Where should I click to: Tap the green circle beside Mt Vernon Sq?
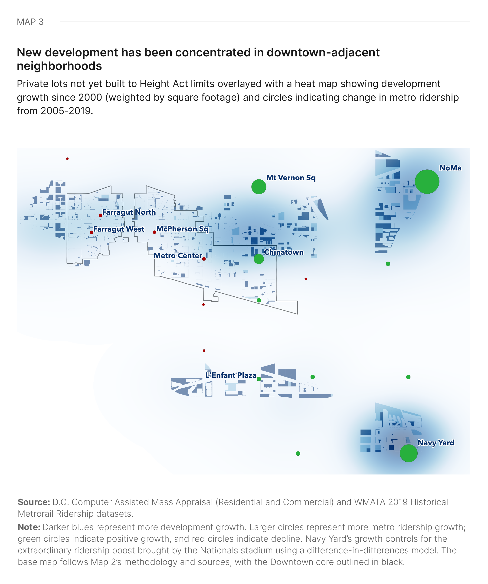[x=259, y=187]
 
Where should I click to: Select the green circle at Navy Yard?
[x=408, y=453]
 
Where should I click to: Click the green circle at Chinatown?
[x=259, y=259]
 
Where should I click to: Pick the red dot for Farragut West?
[x=92, y=232]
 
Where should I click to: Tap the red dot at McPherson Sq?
[x=154, y=232]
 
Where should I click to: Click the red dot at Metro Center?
[x=204, y=259]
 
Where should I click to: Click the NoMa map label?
[x=450, y=168]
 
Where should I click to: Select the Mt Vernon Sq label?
[x=291, y=178]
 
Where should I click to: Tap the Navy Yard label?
[x=436, y=442]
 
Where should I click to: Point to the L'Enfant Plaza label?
[x=231, y=375]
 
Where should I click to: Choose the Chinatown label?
[x=284, y=252]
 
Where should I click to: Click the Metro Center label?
[x=178, y=256]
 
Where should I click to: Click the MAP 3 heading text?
[x=30, y=22]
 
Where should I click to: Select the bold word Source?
[x=34, y=502]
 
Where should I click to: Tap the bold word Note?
[x=29, y=527]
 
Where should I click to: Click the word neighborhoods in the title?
[x=59, y=66]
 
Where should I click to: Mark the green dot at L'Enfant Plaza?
[x=259, y=379]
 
